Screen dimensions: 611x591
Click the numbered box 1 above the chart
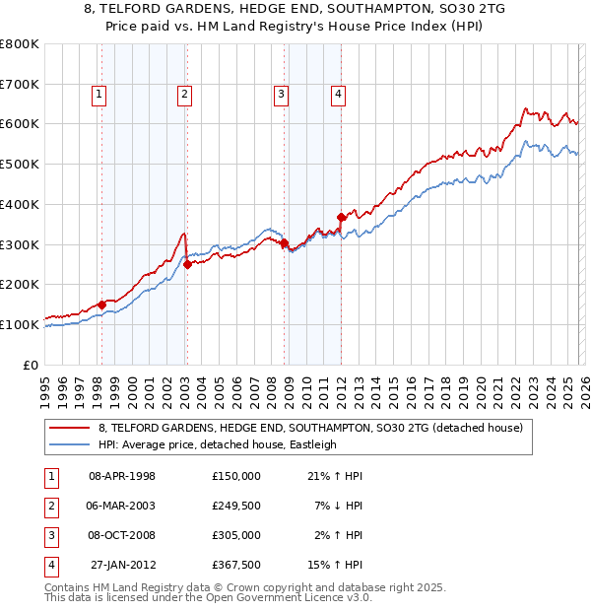[x=100, y=95]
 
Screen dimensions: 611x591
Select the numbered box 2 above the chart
[x=185, y=95]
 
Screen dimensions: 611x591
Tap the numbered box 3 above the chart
[x=281, y=95]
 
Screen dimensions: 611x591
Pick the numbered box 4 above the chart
[x=338, y=95]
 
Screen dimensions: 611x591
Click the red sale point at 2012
[x=341, y=217]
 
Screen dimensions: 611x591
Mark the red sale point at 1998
[x=101, y=305]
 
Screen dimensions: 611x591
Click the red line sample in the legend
[x=69, y=429]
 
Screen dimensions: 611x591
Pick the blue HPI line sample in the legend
[x=69, y=444]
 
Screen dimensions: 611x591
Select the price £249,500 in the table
[x=235, y=506]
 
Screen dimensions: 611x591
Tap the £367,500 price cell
[x=235, y=565]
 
